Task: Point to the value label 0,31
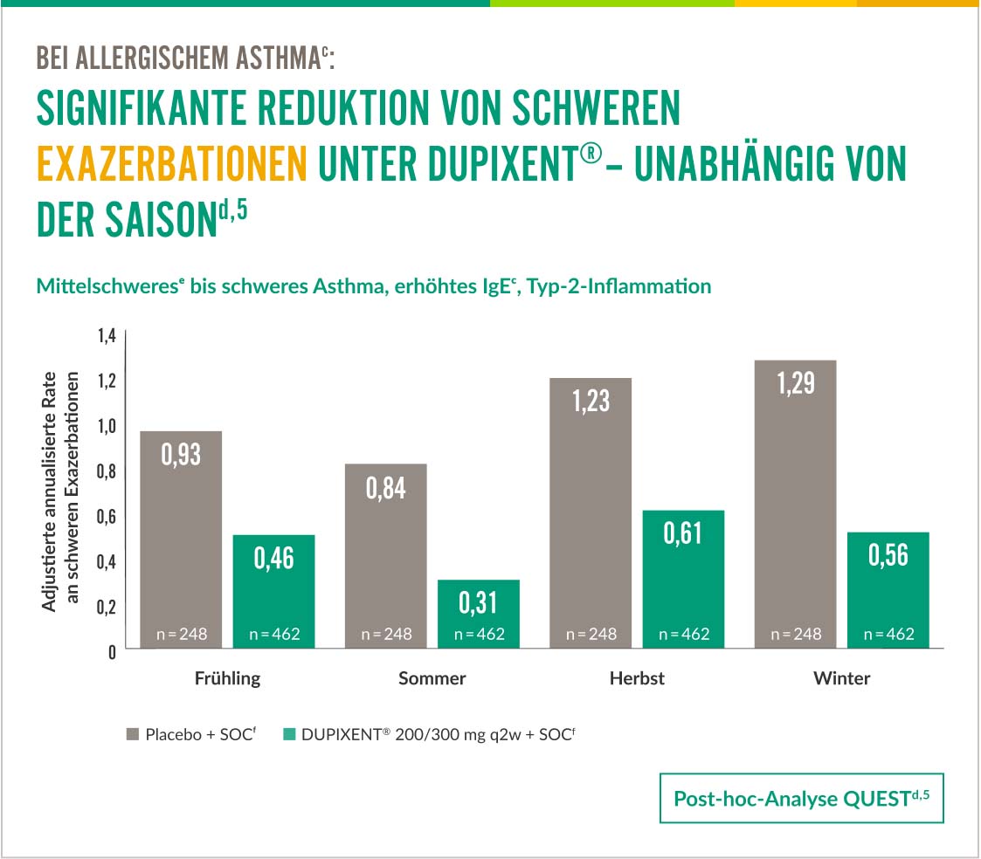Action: (479, 601)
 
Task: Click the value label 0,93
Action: (182, 454)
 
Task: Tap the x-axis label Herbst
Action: (637, 678)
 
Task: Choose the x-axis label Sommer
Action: (432, 678)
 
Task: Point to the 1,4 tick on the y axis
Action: (106, 336)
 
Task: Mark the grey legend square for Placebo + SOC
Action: (133, 735)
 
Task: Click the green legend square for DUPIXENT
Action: (288, 735)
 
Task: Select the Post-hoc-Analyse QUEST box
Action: (801, 798)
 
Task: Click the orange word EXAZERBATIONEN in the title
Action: (172, 163)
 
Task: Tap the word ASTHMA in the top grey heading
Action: (276, 58)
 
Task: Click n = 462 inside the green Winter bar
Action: (888, 634)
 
